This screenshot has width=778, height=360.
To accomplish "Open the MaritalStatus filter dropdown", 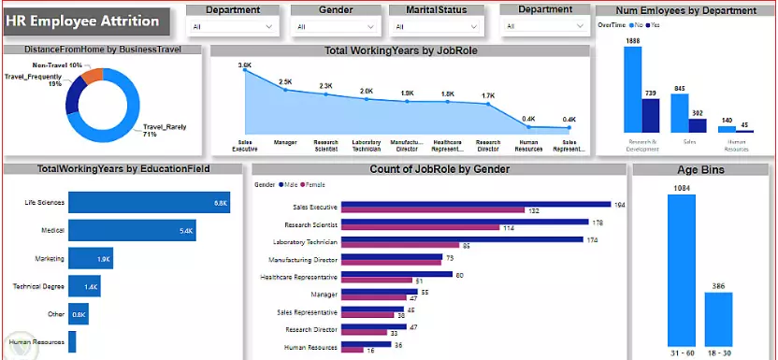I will point(436,27).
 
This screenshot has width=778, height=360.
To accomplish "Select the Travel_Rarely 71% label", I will point(159,130).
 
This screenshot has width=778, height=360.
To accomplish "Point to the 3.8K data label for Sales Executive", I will point(244,65).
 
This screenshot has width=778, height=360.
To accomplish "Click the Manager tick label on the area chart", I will point(284,144).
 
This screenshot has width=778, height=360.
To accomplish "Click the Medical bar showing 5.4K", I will point(131,230).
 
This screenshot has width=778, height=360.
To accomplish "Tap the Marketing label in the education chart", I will point(50,258).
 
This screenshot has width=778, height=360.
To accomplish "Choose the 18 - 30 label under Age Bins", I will point(718,352).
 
